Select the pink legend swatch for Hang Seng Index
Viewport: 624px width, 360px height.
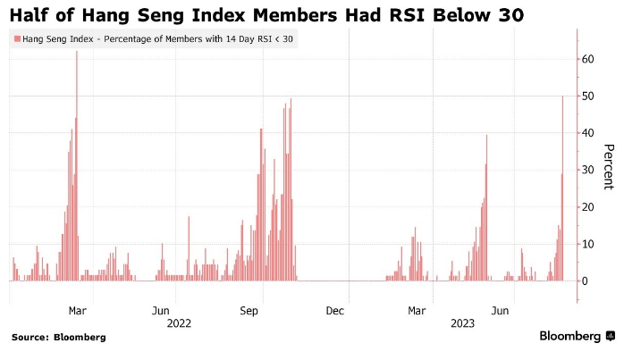(16, 39)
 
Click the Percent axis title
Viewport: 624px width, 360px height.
(608, 166)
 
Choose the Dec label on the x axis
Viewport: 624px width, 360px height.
(335, 310)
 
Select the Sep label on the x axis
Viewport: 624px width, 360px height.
(249, 310)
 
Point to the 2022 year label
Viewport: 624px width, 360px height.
(180, 322)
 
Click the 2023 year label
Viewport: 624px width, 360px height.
(462, 322)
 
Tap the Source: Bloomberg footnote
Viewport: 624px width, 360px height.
(58, 338)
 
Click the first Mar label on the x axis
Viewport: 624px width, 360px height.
(78, 310)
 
